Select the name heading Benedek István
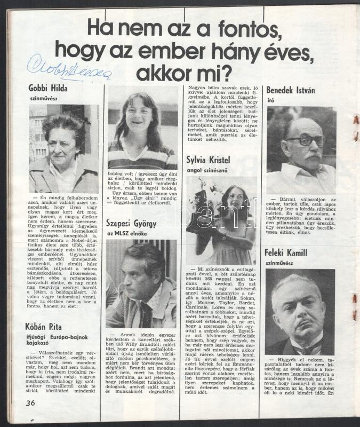pos(290,91)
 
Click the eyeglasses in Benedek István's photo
pos(305,140)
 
